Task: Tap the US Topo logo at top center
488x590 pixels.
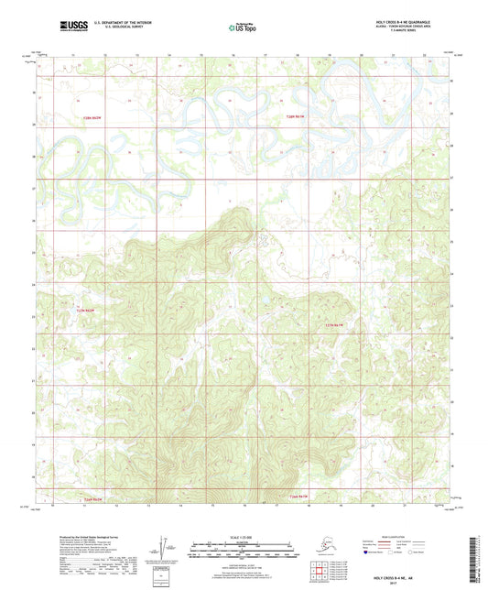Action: point(243,27)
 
